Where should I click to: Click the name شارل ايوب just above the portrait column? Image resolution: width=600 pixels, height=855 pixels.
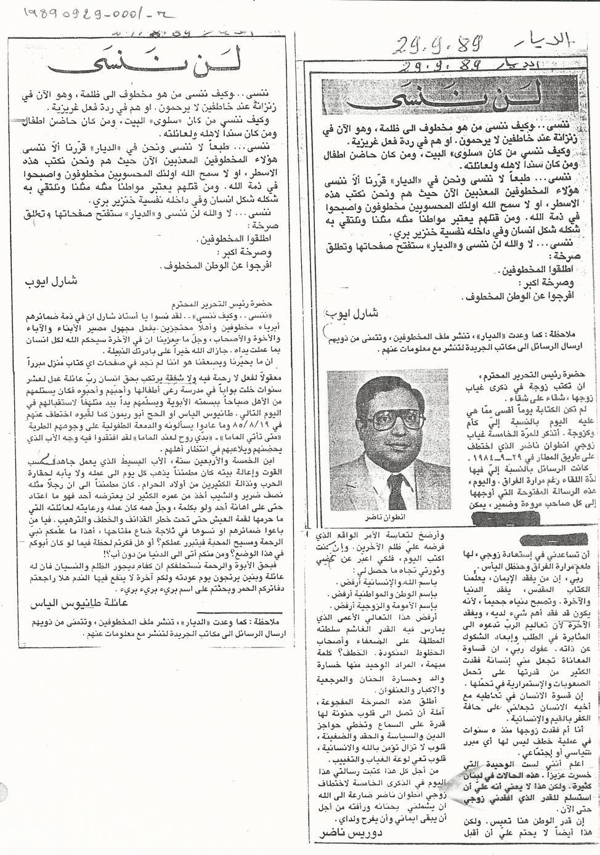346,312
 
